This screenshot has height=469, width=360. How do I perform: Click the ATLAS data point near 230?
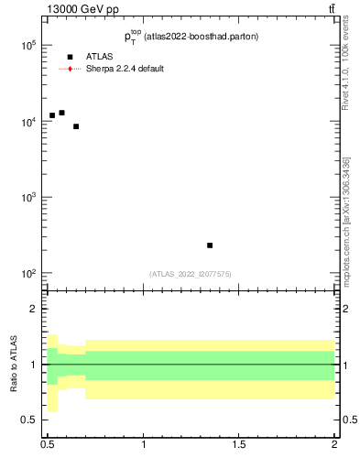coord(210,245)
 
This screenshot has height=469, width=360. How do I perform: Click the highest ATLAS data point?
coord(61,113)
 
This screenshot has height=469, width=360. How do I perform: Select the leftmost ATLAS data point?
coord(52,115)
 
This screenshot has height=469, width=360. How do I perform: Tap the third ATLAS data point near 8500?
coord(76,126)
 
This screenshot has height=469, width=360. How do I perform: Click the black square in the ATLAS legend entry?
coord(70,57)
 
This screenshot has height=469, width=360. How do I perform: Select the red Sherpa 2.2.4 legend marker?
coord(70,69)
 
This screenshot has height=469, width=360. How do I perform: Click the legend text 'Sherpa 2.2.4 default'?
coord(125,69)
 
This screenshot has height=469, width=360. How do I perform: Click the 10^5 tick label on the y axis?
coord(27,45)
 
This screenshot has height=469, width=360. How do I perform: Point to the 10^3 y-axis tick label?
coord(27,197)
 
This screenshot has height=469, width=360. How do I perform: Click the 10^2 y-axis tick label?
coord(27,273)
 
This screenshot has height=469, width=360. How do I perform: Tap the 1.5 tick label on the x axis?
coord(239,445)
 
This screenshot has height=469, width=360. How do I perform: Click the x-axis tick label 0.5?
coord(48,445)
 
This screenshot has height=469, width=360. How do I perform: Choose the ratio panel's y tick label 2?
coord(33,309)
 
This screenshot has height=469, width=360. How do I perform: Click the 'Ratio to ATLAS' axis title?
coord(14,365)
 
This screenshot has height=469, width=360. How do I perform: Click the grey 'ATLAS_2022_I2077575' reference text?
coord(191,274)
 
